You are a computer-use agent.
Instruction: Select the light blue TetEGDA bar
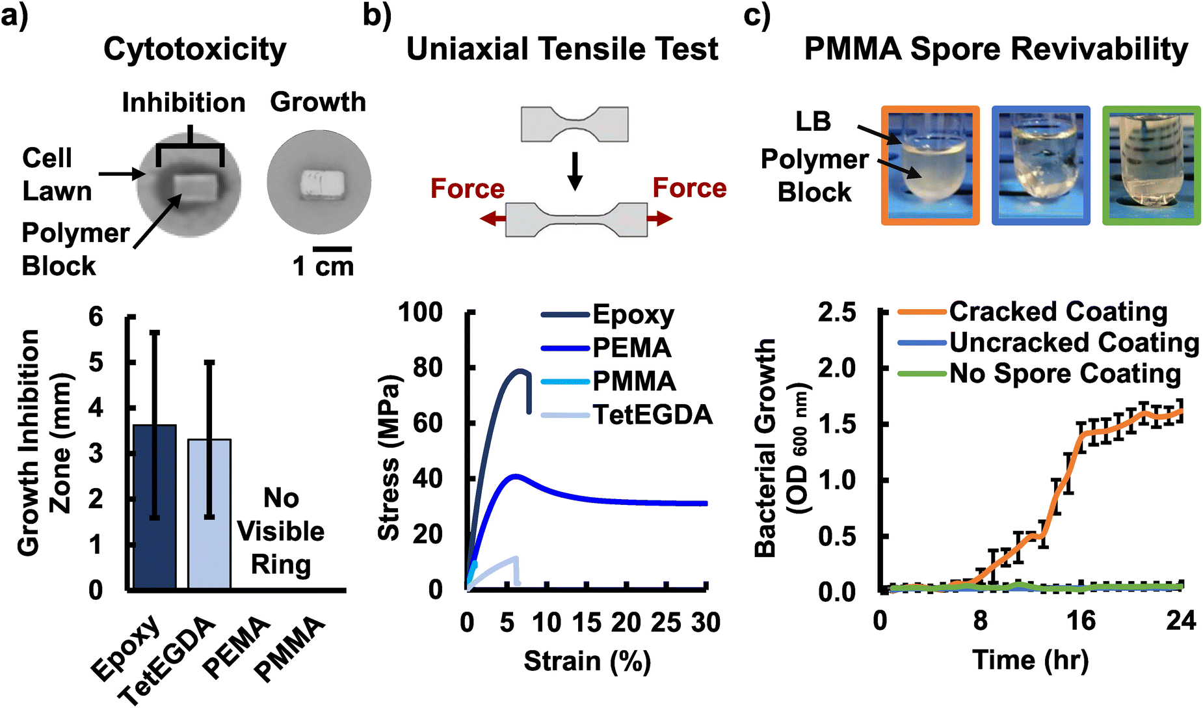(209, 514)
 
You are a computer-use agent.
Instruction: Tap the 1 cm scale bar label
(323, 265)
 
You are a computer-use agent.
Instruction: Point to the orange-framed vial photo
(930, 166)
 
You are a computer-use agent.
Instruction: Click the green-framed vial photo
(1151, 166)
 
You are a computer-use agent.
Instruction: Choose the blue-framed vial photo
(1040, 166)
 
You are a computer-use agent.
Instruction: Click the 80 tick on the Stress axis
(427, 368)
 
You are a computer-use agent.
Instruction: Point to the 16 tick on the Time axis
(1081, 620)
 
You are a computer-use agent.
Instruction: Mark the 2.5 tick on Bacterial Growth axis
(837, 312)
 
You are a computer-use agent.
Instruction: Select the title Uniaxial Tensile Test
(562, 49)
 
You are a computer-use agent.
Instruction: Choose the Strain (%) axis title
(587, 661)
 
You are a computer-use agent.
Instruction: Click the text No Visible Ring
(280, 531)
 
